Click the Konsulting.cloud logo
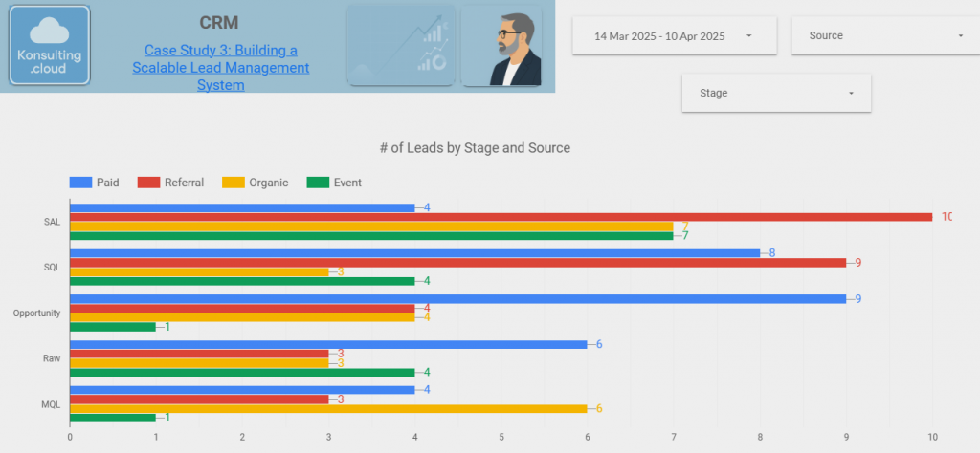[50, 46]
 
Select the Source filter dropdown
[880, 36]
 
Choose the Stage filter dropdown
[776, 94]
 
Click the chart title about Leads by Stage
[475, 148]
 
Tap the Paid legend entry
[95, 183]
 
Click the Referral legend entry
[171, 183]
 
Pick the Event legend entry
[334, 183]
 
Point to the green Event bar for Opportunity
[113, 327]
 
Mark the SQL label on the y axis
[53, 268]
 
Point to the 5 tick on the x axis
[501, 438]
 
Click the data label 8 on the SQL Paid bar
[772, 253]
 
